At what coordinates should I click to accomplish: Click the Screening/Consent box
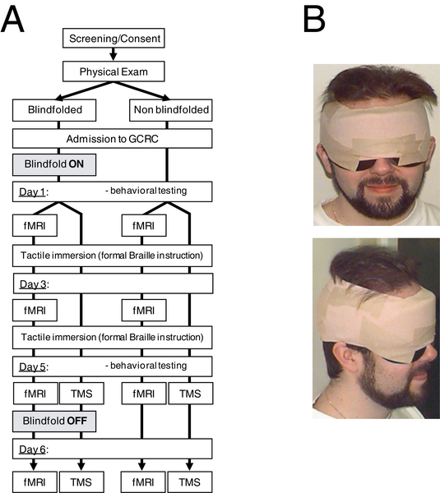coord(113,39)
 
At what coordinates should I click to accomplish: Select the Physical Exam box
coord(113,71)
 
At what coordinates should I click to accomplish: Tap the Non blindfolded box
coord(171,110)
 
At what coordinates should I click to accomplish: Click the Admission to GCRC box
coord(113,139)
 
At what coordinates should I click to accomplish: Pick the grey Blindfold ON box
coord(54,164)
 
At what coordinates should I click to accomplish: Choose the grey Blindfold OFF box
coord(54,421)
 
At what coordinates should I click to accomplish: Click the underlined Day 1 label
coord(32,191)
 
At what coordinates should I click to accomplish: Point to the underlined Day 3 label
coord(34,284)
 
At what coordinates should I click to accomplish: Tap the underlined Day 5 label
coord(32,366)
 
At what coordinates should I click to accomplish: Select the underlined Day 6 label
coord(32,449)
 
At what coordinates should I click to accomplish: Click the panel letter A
coord(12,20)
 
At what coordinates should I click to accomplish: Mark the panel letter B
coord(314,20)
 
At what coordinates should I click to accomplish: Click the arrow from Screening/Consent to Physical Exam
coord(113,54)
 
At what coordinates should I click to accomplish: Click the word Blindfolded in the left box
coord(55,110)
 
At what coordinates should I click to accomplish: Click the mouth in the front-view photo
coord(382,188)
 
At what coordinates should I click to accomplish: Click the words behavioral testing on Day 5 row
coord(149,366)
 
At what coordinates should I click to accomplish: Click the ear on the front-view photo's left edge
coord(322,157)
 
